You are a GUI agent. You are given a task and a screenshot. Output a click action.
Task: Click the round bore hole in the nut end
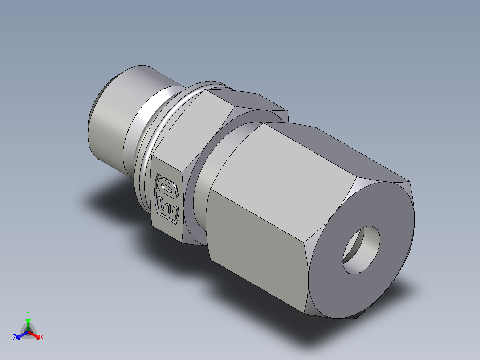362,250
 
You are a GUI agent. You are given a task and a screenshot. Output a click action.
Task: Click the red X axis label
42,338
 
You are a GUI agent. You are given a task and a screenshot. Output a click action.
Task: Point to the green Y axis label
28,313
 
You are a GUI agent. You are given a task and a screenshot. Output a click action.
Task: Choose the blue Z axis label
15,338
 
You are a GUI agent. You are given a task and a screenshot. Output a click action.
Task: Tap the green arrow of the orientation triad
28,322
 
